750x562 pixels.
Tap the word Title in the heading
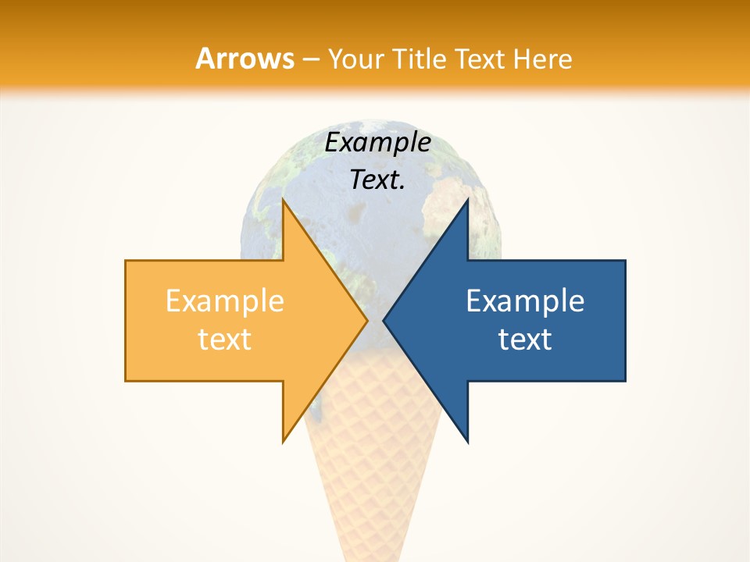[x=417, y=59]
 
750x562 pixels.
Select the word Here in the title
[x=545, y=59]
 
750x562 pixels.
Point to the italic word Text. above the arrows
[x=377, y=180]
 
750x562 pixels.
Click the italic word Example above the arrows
[x=377, y=143]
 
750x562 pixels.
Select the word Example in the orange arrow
[x=224, y=301]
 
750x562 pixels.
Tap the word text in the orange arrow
[x=224, y=339]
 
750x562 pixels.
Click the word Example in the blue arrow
[x=525, y=301]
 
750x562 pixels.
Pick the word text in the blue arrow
[x=525, y=339]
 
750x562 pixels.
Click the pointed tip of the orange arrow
[x=366, y=320]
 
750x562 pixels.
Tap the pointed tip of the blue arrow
[x=384, y=320]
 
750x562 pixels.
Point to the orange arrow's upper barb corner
[x=283, y=201]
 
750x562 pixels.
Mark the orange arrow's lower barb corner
[x=283, y=441]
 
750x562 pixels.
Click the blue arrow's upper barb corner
[x=467, y=201]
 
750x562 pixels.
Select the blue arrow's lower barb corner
[x=467, y=441]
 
